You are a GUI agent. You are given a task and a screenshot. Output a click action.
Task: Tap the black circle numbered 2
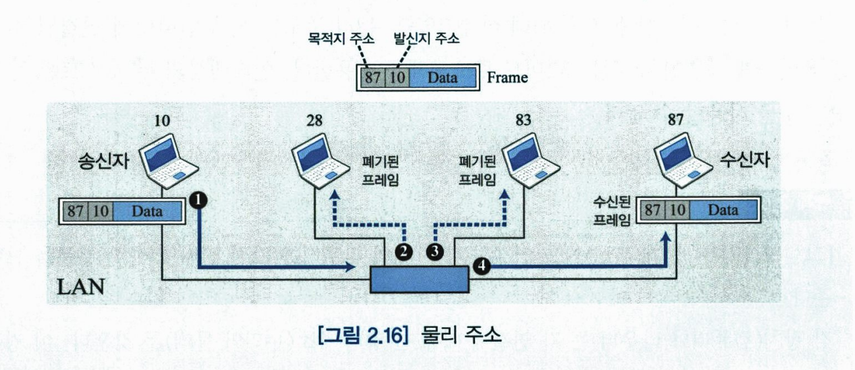402,250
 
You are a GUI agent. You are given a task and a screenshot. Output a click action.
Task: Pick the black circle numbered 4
482,265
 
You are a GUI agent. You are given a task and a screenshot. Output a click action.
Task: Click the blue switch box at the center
419,279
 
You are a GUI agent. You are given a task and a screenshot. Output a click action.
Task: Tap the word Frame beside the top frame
507,78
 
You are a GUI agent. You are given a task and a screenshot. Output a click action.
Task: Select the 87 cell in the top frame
372,78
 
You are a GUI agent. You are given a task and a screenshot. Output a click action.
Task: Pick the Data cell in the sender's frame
147,211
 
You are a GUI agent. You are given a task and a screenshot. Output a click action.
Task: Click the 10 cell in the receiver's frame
675,211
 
